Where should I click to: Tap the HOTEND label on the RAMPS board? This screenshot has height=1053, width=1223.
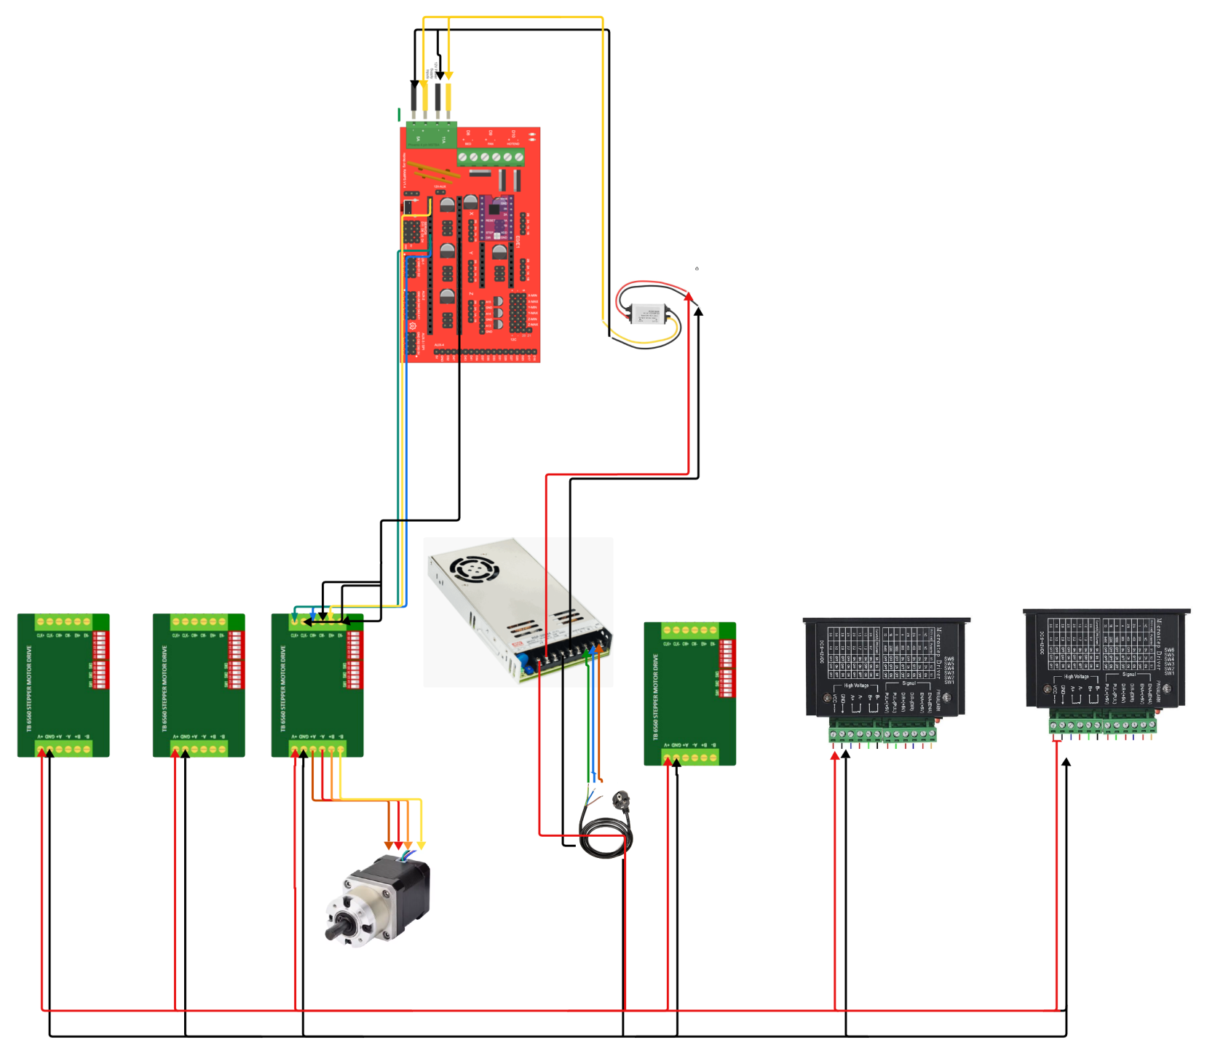513,144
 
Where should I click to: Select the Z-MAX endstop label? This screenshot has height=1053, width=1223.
533,301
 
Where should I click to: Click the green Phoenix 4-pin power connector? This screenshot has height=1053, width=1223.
431,135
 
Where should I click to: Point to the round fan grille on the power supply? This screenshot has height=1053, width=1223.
474,568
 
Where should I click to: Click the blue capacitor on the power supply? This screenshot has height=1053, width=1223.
523,662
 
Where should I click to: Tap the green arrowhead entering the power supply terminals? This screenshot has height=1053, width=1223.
587,655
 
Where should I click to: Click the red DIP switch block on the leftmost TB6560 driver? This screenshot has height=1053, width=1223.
100,659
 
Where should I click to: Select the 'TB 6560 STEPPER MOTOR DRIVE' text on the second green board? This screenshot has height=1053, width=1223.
165,688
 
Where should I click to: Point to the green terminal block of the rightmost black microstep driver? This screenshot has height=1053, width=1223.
1102,725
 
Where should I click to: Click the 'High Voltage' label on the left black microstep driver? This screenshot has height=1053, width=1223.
856,686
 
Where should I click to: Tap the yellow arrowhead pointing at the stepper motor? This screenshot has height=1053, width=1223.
421,845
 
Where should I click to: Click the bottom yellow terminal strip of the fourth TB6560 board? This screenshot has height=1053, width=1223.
689,758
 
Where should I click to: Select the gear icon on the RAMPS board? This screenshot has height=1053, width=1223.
413,326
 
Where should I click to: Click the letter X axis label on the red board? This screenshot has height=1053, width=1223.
471,213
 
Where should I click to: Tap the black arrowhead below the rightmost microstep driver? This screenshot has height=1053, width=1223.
1066,762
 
